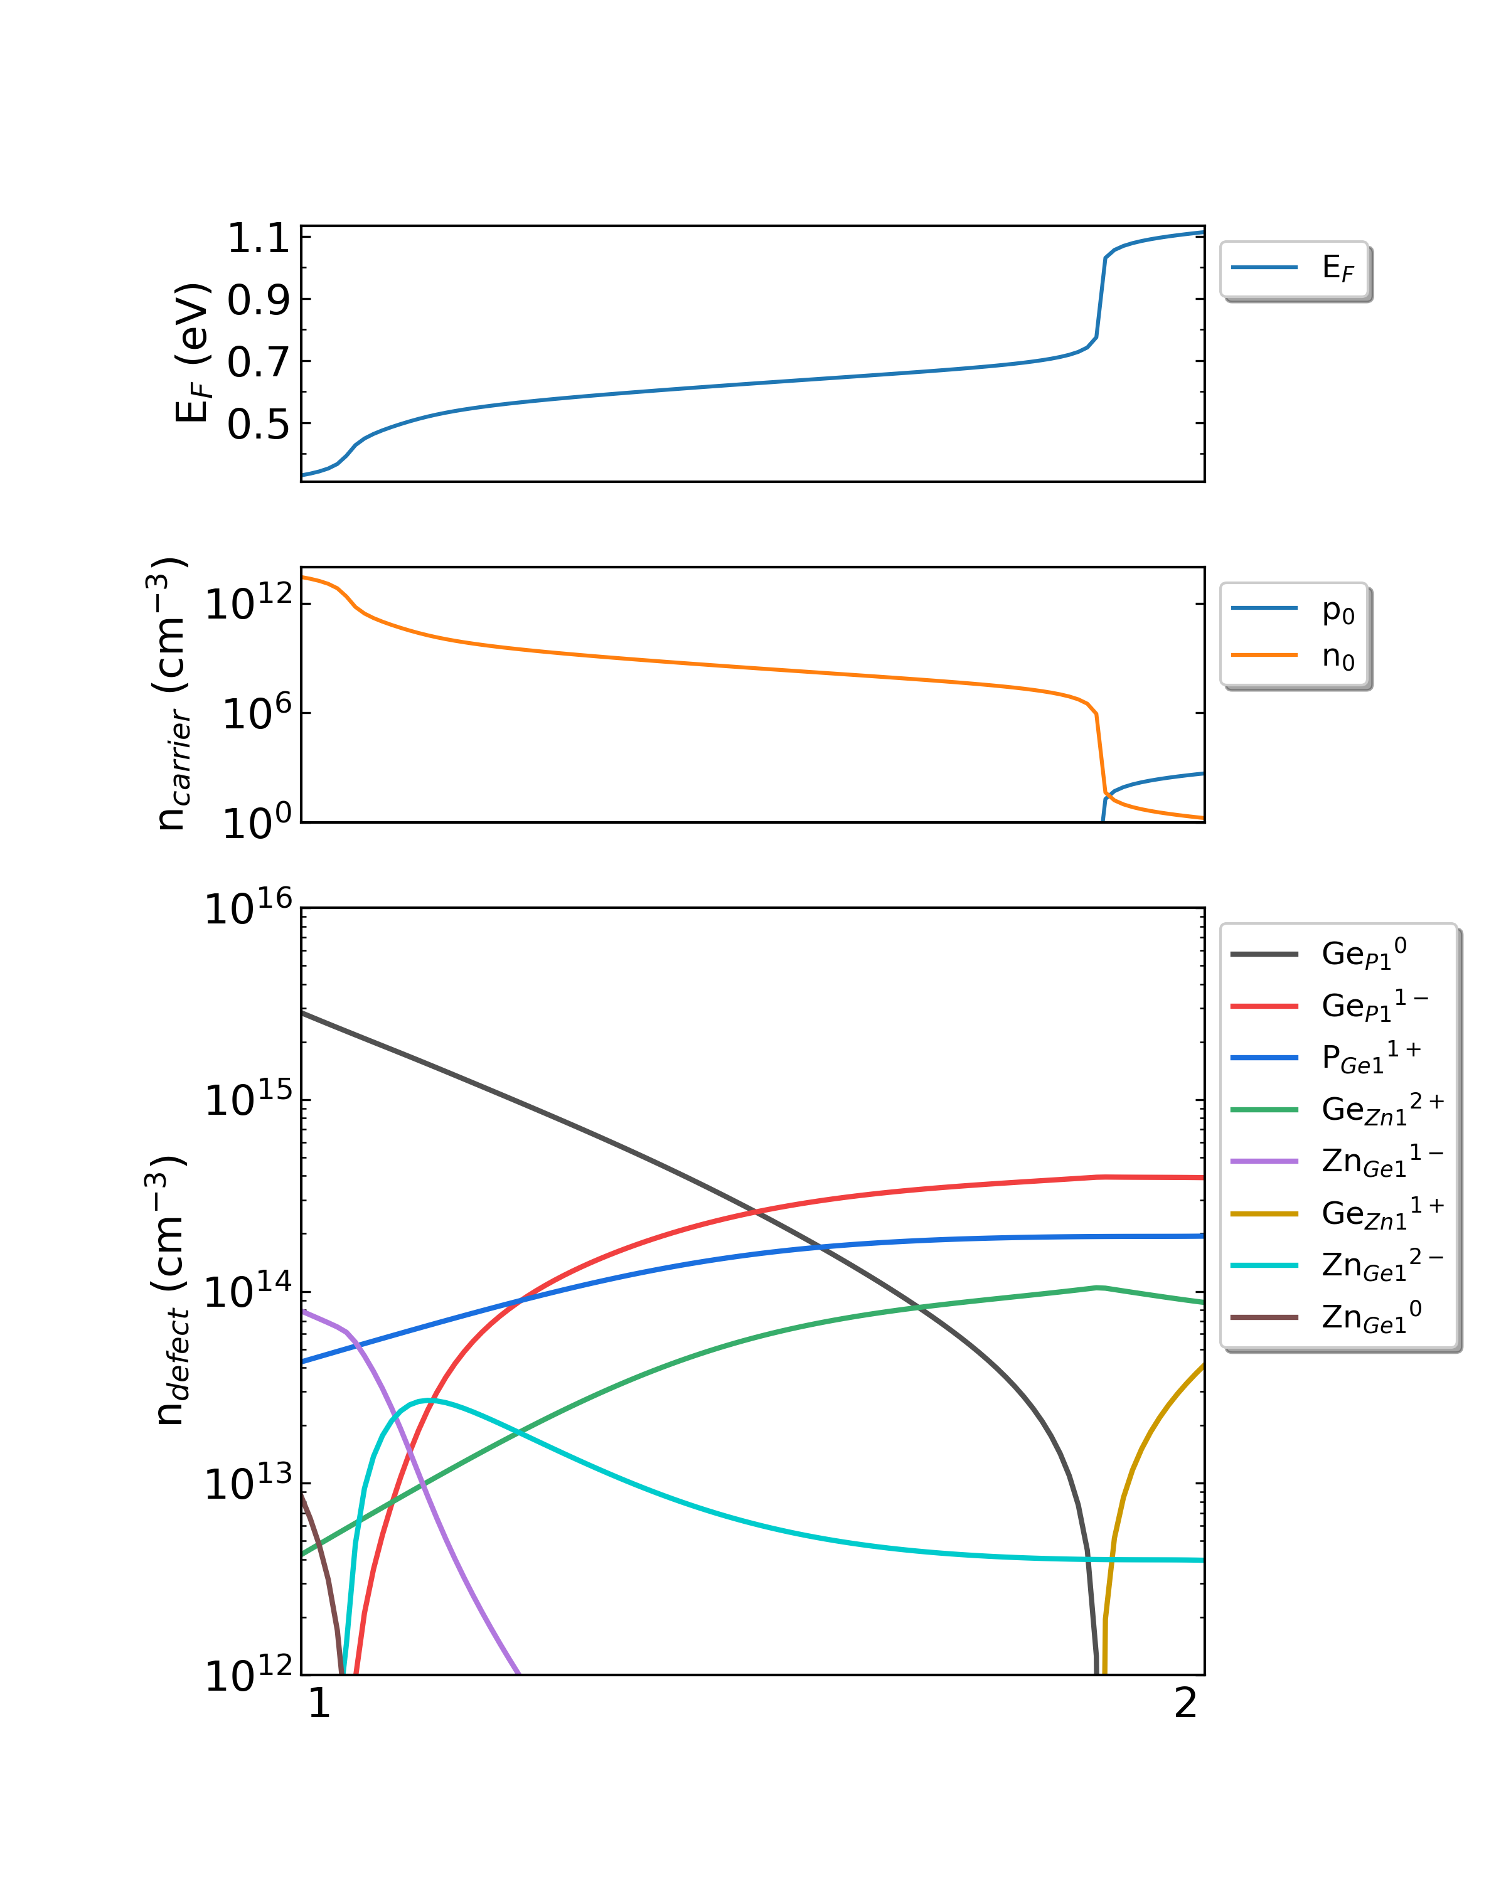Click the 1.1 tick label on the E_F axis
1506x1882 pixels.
[257, 239]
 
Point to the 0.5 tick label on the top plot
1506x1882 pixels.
[257, 425]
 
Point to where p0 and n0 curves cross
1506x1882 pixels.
[1107, 794]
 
